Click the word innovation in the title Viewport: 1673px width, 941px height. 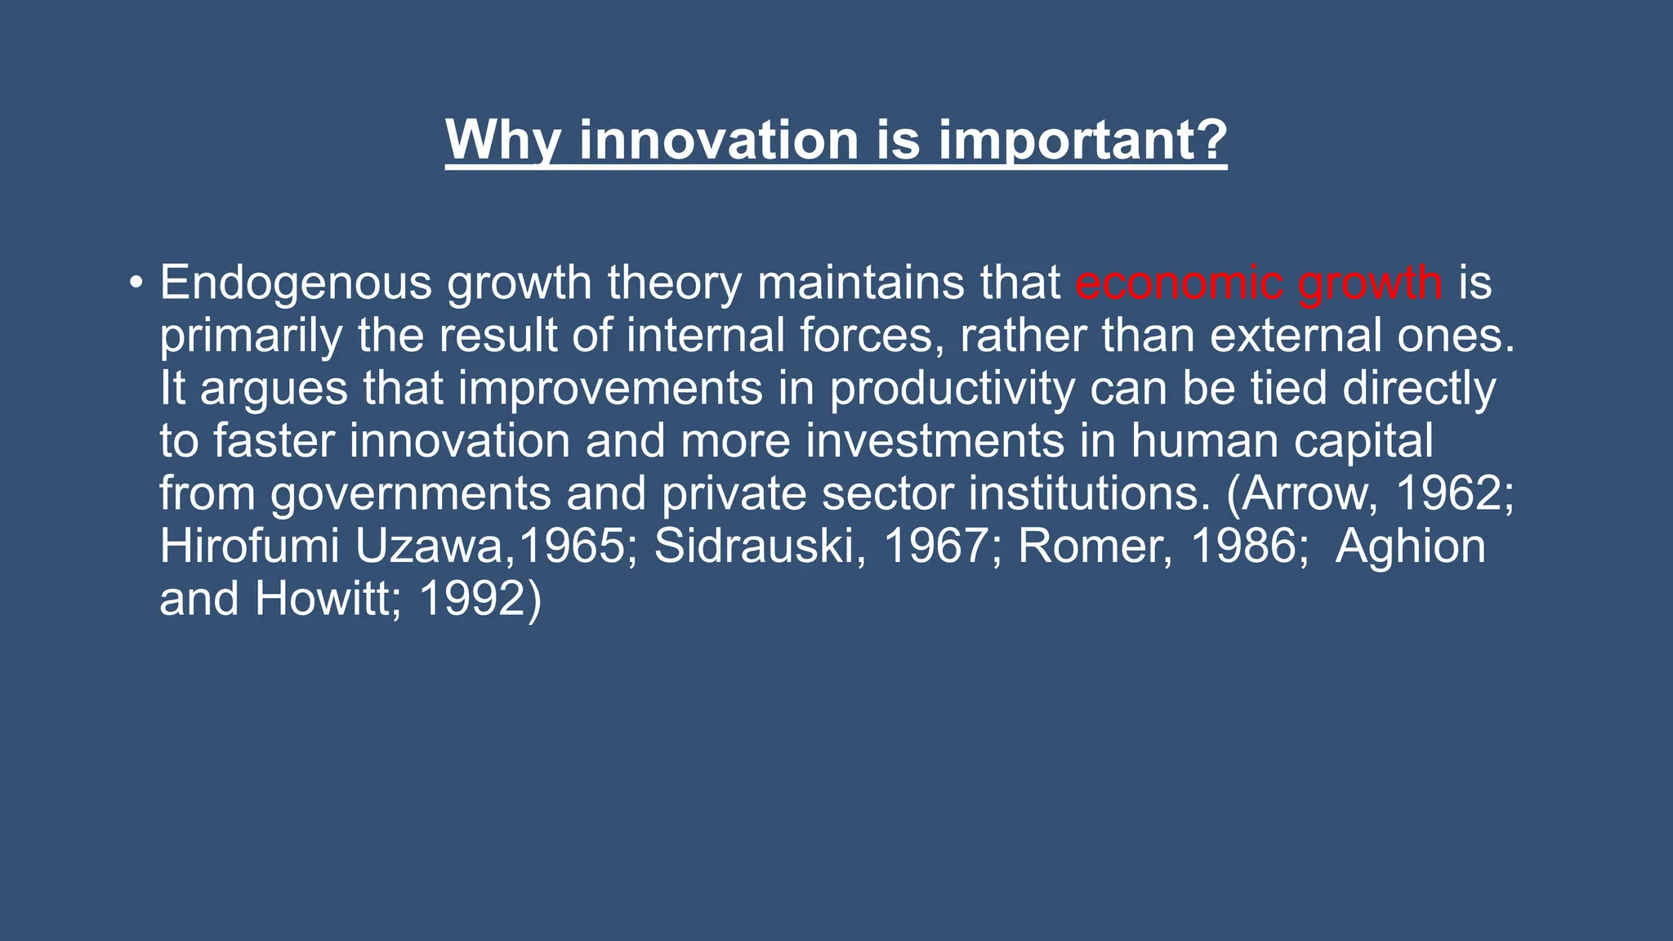point(718,140)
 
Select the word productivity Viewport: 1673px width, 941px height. point(952,389)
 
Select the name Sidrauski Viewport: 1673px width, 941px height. point(760,546)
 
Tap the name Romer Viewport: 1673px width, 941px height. point(1095,546)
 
